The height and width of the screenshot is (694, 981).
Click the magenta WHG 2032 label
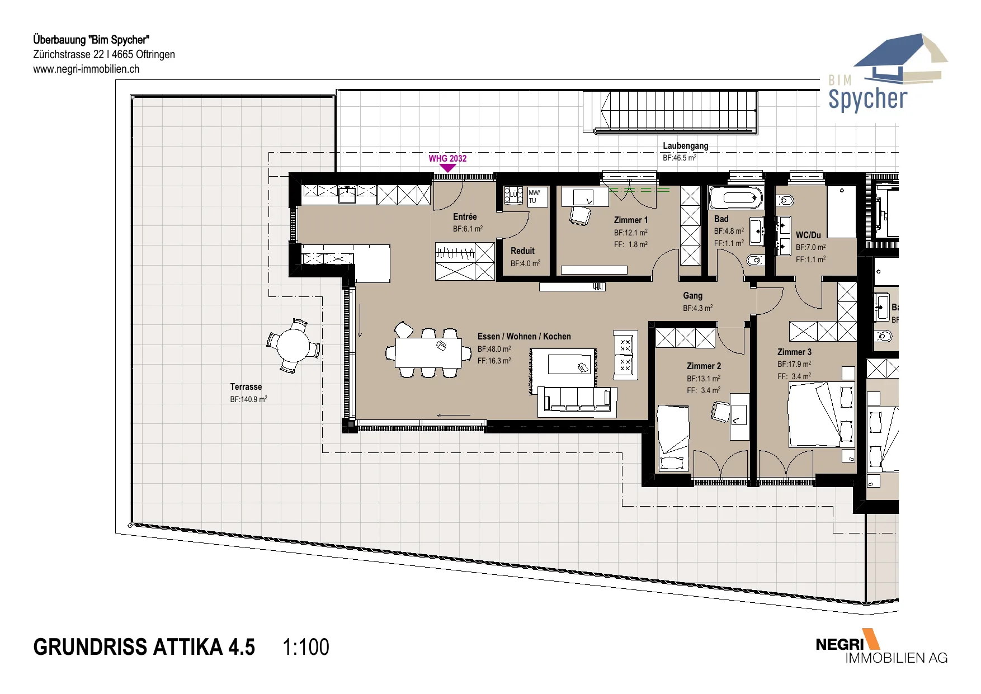(x=447, y=158)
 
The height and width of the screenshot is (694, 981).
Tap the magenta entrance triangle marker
(x=448, y=168)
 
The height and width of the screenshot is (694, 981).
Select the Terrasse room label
(x=246, y=386)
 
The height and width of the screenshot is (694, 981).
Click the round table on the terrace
(x=294, y=346)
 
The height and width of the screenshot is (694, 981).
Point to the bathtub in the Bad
(x=735, y=197)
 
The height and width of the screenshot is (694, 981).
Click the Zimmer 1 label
(x=631, y=220)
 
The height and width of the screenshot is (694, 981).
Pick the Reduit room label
(x=522, y=251)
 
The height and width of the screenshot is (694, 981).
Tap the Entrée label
(x=465, y=216)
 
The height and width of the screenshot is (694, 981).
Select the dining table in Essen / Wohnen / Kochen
(x=429, y=353)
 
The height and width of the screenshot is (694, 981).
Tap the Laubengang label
(x=686, y=145)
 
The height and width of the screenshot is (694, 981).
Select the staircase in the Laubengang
(x=670, y=112)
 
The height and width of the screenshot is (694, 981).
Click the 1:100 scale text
(x=306, y=647)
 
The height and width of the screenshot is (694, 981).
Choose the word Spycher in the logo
(x=867, y=99)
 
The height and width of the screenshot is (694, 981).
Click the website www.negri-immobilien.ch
(x=86, y=69)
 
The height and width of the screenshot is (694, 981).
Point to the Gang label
(x=692, y=295)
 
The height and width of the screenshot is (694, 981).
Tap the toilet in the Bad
(x=755, y=259)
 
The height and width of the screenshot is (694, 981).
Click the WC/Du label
(x=808, y=235)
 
